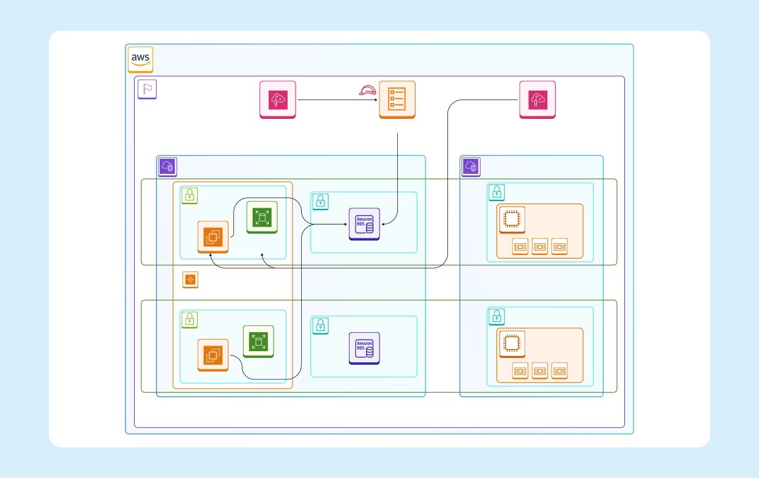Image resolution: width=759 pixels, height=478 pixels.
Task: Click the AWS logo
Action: pyautogui.click(x=140, y=59)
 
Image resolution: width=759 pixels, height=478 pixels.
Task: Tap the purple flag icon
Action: pyautogui.click(x=147, y=89)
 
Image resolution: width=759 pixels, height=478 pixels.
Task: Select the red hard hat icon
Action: pyautogui.click(x=367, y=91)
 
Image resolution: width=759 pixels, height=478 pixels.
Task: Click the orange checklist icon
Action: pyautogui.click(x=397, y=99)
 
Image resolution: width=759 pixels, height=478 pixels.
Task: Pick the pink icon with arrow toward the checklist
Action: pyautogui.click(x=277, y=99)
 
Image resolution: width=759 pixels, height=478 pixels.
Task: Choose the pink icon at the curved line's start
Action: pyautogui.click(x=537, y=99)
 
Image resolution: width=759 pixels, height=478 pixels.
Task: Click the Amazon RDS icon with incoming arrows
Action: pyautogui.click(x=364, y=224)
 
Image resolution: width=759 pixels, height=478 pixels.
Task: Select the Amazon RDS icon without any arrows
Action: pyautogui.click(x=364, y=348)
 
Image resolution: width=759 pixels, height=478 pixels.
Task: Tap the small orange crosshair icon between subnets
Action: pyautogui.click(x=190, y=280)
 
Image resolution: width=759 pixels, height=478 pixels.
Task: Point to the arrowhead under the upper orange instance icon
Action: pyautogui.click(x=211, y=256)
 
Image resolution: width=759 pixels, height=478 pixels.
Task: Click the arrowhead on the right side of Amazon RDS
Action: pyautogui.click(x=383, y=225)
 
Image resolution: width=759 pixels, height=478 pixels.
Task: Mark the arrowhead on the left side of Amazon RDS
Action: pyautogui.click(x=346, y=225)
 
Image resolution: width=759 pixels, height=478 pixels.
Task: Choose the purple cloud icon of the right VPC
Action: pyautogui.click(x=471, y=166)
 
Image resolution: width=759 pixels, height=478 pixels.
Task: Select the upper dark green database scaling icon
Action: pyautogui.click(x=262, y=217)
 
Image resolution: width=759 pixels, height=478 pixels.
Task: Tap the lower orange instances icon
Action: pyautogui.click(x=212, y=354)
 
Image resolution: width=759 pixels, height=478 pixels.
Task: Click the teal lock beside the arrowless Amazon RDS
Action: pyautogui.click(x=321, y=325)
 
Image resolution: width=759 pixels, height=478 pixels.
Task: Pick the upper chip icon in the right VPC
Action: pyautogui.click(x=512, y=219)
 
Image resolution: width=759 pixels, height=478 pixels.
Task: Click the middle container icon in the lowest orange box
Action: pyautogui.click(x=539, y=371)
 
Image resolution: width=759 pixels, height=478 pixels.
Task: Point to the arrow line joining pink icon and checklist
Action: pyautogui.click(x=337, y=99)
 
